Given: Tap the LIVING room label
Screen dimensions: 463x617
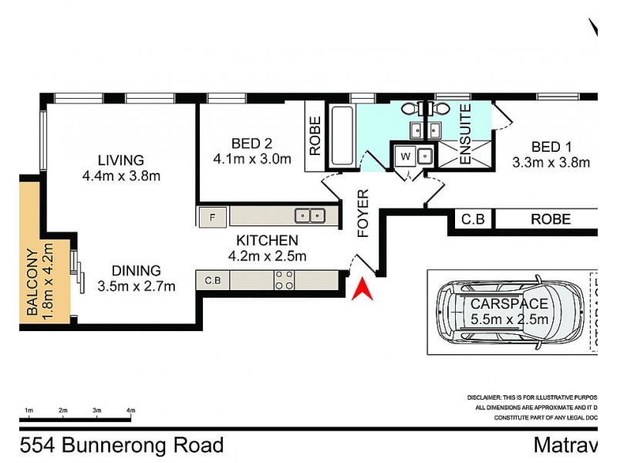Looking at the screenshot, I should click(x=120, y=161).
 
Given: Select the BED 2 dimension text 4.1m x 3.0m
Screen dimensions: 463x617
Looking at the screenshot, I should click(x=252, y=160).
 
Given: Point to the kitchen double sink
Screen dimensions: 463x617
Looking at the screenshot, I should click(x=312, y=216).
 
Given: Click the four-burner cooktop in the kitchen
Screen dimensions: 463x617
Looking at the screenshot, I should click(x=283, y=279).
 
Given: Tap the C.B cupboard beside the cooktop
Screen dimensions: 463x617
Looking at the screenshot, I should click(x=212, y=280).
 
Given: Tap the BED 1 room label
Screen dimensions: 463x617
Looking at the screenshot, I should click(x=551, y=147).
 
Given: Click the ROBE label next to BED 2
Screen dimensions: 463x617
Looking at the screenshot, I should click(x=315, y=136).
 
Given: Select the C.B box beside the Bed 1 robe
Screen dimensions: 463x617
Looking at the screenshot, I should click(x=472, y=220).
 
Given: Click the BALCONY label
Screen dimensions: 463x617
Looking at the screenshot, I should click(x=32, y=283).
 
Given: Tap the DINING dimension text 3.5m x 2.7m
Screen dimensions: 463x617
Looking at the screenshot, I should click(x=137, y=286).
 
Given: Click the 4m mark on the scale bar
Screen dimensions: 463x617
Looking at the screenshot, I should click(x=130, y=410).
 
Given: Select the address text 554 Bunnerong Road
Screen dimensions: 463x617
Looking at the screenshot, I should click(x=122, y=445).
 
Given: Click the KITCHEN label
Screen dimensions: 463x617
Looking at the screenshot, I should click(x=267, y=241).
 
